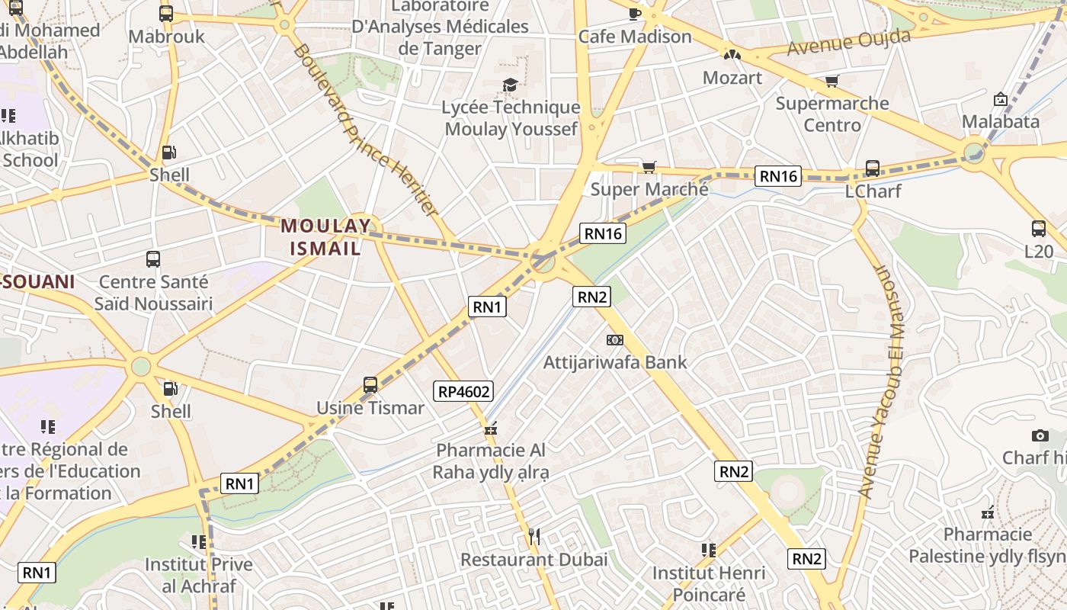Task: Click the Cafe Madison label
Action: tap(635, 37)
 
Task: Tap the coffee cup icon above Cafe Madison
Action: tap(635, 14)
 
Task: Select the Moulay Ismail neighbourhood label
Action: tap(325, 236)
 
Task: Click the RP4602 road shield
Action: tap(463, 392)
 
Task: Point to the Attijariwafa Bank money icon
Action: tap(614, 339)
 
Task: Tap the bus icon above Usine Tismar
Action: tap(370, 385)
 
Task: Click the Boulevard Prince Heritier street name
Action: tap(365, 130)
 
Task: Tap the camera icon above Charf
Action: tap(1040, 435)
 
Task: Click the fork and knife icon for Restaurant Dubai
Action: tap(534, 537)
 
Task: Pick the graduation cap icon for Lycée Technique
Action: tap(510, 84)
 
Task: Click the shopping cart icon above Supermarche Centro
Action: tap(831, 81)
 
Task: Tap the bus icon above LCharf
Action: tap(873, 169)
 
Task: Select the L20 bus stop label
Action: tap(1038, 251)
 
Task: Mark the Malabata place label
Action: tap(1000, 121)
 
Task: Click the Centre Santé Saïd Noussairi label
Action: tap(153, 293)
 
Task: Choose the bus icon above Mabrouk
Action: tap(166, 14)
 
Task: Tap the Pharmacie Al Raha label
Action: tap(491, 461)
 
